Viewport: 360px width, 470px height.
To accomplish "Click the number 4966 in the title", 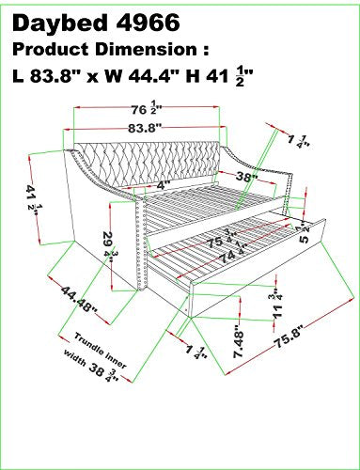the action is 149,23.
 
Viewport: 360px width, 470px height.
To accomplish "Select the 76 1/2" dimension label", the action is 146,109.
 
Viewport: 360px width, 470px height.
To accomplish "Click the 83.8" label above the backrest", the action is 145,128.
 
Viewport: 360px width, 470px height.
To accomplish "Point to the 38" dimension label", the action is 247,177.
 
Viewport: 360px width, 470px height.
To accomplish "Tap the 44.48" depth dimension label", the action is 79,299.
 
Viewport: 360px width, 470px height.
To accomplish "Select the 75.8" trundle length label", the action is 290,337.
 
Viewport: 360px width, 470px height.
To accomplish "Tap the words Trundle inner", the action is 101,350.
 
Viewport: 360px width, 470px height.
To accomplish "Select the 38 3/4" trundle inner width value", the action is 103,371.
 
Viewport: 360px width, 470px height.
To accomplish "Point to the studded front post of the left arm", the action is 142,243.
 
